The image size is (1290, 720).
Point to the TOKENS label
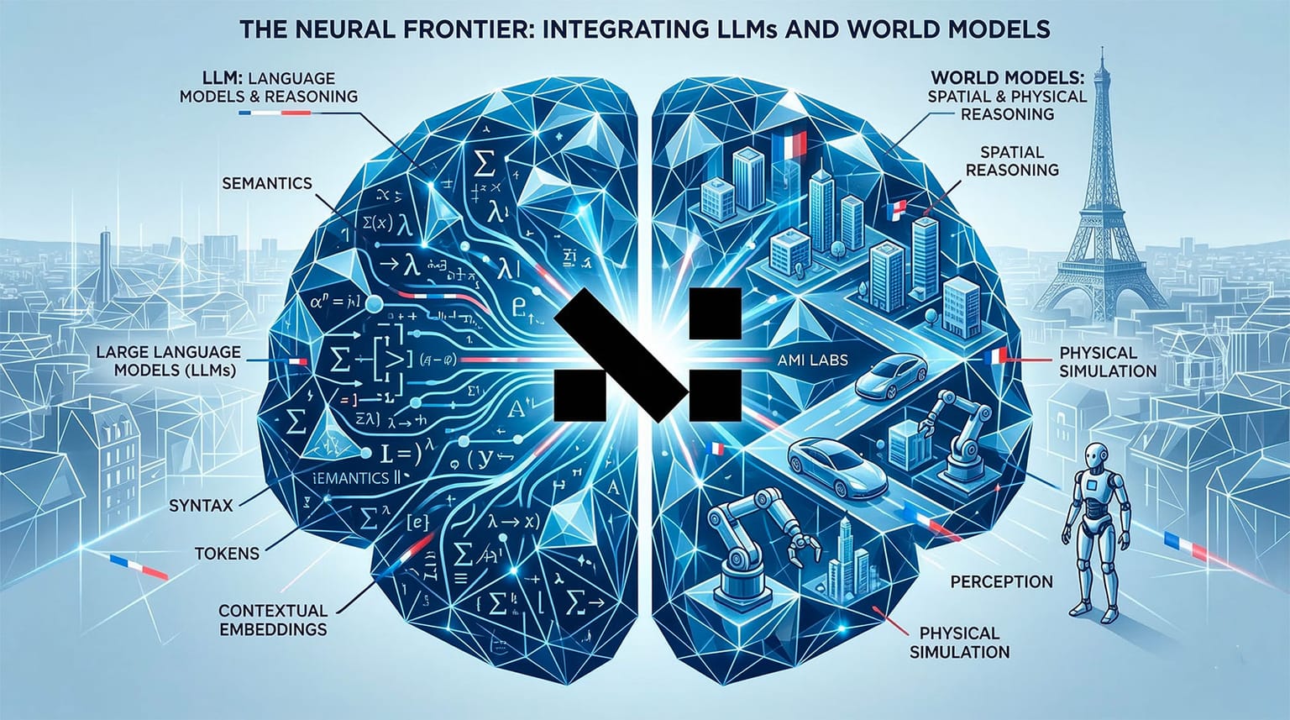[227, 554]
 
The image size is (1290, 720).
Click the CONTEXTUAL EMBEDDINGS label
[272, 619]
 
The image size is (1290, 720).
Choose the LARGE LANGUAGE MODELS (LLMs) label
[168, 360]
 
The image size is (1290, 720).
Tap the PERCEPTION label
[1001, 581]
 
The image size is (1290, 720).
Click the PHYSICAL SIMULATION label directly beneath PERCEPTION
[959, 642]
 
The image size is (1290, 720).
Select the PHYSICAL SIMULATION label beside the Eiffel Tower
[1108, 361]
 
